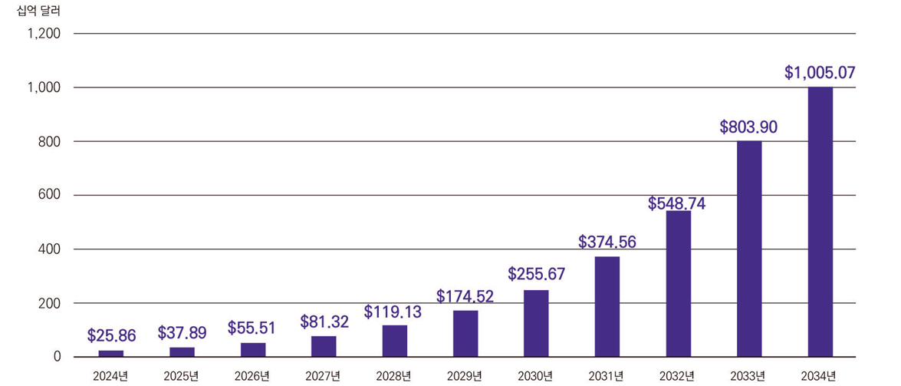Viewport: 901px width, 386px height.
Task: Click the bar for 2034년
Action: pos(820,222)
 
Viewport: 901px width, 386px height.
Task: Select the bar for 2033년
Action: pos(749,249)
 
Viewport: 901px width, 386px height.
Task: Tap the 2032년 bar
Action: pos(679,283)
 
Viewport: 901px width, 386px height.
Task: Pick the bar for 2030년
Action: pos(536,323)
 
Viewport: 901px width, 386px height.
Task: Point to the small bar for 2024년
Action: pos(111,354)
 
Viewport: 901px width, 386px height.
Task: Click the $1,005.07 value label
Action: pos(820,74)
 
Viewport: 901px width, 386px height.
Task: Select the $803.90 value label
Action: pos(748,127)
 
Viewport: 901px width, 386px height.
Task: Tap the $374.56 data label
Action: pos(607,242)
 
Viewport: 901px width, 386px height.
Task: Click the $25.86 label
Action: pos(111,335)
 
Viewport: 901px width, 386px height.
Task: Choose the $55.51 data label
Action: pos(252,328)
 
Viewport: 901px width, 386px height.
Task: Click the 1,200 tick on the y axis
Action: pos(45,35)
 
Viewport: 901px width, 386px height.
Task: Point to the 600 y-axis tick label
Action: pos(51,196)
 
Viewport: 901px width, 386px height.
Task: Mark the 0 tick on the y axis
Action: pos(58,357)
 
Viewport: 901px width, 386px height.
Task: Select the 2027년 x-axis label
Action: pos(324,375)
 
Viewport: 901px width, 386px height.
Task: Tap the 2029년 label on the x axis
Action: pos(465,375)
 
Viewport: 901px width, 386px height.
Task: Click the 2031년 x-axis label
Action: pos(607,375)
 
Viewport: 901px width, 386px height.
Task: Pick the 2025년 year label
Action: pos(182,375)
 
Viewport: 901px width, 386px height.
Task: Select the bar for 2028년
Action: pos(395,341)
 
